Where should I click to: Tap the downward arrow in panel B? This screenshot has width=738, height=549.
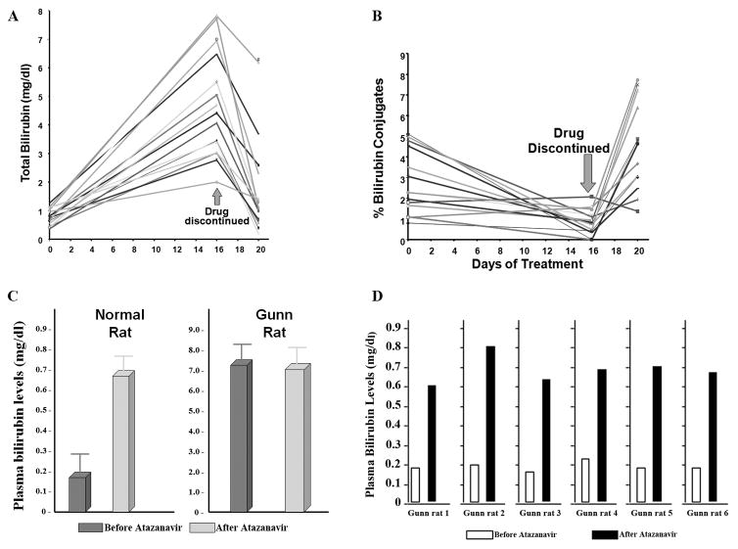tap(587, 174)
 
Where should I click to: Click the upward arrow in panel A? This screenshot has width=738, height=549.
tap(217, 196)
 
